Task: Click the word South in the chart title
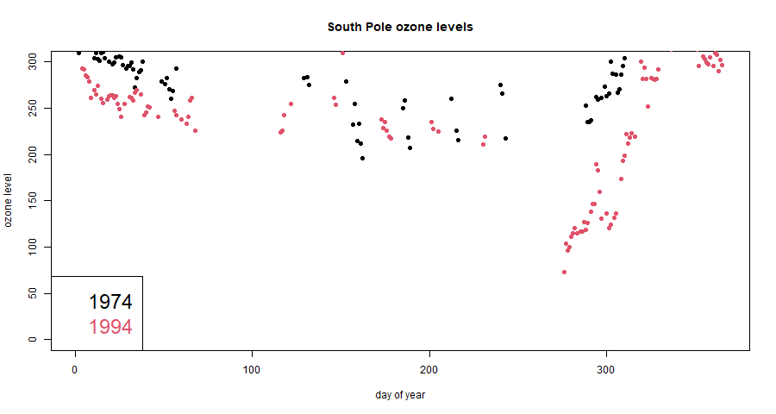[x=345, y=27]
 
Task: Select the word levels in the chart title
[x=454, y=27]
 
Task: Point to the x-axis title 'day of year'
[x=400, y=395]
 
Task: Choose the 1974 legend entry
[x=110, y=302]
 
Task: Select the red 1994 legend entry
[x=110, y=327]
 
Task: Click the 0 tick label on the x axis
[x=75, y=370]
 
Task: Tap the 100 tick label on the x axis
[x=252, y=370]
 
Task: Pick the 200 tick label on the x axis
[x=429, y=370]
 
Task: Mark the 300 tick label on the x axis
[x=607, y=370]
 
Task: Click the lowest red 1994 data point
[x=564, y=272]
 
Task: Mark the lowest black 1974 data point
[x=362, y=158]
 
